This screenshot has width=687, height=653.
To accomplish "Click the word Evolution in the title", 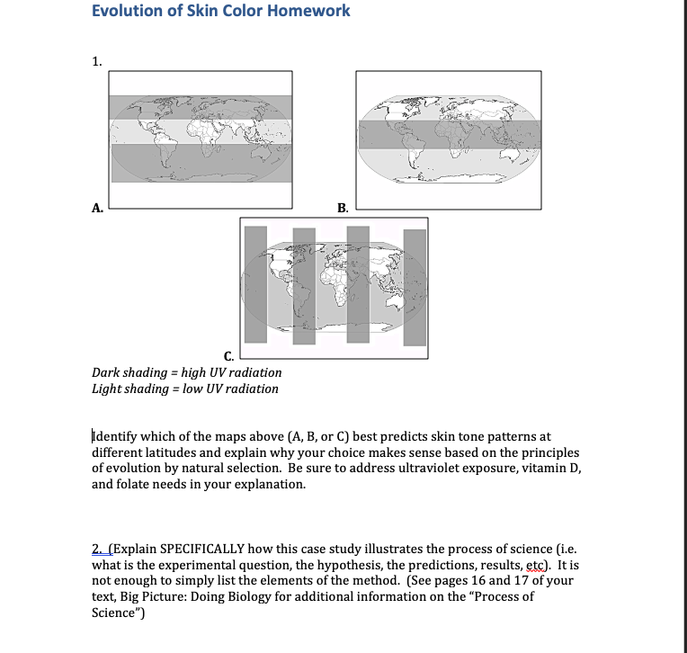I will pos(125,11).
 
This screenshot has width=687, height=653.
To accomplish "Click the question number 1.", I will pos(96,61).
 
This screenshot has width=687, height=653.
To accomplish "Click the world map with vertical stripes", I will pos(334,285).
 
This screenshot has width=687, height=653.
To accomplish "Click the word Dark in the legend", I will pos(107,372).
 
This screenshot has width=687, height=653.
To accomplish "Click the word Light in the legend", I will pos(108,389).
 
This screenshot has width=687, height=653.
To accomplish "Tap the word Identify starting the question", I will pos(117,436).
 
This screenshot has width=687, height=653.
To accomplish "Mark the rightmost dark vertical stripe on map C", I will pos(415,286).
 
